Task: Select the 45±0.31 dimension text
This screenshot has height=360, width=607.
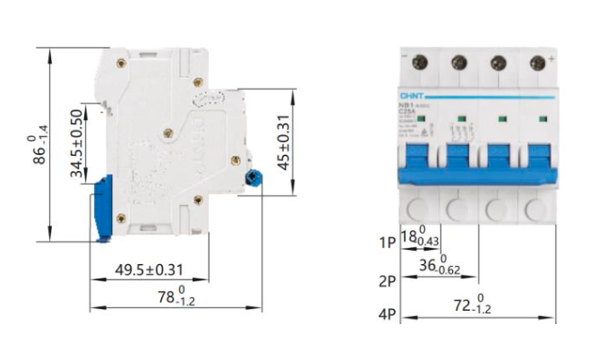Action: click(x=284, y=141)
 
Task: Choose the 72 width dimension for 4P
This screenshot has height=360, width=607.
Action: click(x=471, y=306)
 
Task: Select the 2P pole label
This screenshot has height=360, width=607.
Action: click(x=388, y=281)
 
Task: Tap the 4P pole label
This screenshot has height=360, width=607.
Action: click(x=388, y=314)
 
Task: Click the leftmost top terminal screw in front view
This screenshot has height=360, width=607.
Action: click(x=420, y=62)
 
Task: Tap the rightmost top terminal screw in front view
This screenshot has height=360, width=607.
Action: click(x=537, y=62)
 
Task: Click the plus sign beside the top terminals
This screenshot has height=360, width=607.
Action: click(x=552, y=56)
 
